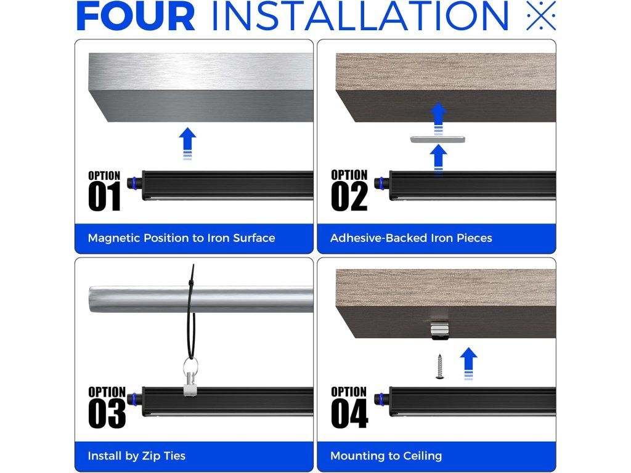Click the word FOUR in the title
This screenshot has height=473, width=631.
(135, 16)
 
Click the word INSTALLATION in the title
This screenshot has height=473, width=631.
(360, 16)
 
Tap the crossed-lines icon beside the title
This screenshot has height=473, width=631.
(541, 15)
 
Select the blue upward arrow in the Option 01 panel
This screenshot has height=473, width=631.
(187, 144)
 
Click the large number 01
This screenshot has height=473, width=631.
(105, 196)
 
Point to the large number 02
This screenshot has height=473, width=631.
(349, 196)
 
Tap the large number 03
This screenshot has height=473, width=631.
(107, 413)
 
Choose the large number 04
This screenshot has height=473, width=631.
(350, 413)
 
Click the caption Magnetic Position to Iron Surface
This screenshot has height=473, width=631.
(182, 238)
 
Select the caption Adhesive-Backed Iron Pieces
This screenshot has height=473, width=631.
(411, 238)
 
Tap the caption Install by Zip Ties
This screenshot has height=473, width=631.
(136, 456)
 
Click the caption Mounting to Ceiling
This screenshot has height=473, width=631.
(386, 456)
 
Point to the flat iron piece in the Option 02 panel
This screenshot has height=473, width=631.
(438, 140)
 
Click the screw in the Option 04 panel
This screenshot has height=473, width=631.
(440, 366)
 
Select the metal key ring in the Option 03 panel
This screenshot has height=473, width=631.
(190, 366)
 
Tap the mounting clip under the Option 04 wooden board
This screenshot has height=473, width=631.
(440, 329)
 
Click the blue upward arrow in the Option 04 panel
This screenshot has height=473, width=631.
(468, 363)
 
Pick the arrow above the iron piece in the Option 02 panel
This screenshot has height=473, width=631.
(438, 119)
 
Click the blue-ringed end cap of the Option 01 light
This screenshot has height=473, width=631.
(134, 182)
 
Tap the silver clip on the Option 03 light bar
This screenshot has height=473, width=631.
(190, 386)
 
